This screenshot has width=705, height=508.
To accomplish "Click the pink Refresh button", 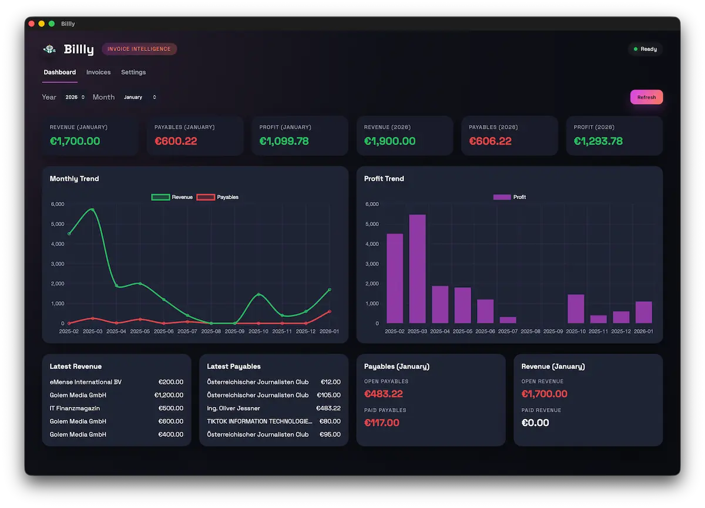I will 646,97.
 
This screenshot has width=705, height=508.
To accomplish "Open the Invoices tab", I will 98,72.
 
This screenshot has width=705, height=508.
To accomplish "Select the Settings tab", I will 133,72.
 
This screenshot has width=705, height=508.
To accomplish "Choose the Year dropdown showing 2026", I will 75,97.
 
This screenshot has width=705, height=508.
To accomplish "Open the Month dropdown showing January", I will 140,97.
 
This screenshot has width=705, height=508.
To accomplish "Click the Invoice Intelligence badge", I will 139,49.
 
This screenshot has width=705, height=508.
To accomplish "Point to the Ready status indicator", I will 645,49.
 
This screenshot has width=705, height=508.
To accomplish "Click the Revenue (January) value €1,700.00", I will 75,141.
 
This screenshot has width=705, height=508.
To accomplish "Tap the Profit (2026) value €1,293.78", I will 598,141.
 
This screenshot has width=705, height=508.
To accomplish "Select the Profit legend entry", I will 509,197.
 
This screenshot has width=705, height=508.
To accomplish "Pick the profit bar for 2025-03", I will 417,269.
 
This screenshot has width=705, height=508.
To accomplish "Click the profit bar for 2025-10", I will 576,308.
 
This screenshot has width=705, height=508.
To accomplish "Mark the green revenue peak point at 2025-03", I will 92,210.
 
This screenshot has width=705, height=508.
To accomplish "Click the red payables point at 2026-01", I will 329,311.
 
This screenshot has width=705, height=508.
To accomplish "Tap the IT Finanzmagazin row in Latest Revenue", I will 75,408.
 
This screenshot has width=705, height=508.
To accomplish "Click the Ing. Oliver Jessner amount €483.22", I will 328,408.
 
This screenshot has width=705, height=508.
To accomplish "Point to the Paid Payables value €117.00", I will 381,423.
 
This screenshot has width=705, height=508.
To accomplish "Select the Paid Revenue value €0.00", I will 535,423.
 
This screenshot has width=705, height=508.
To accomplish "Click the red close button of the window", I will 32,23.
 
